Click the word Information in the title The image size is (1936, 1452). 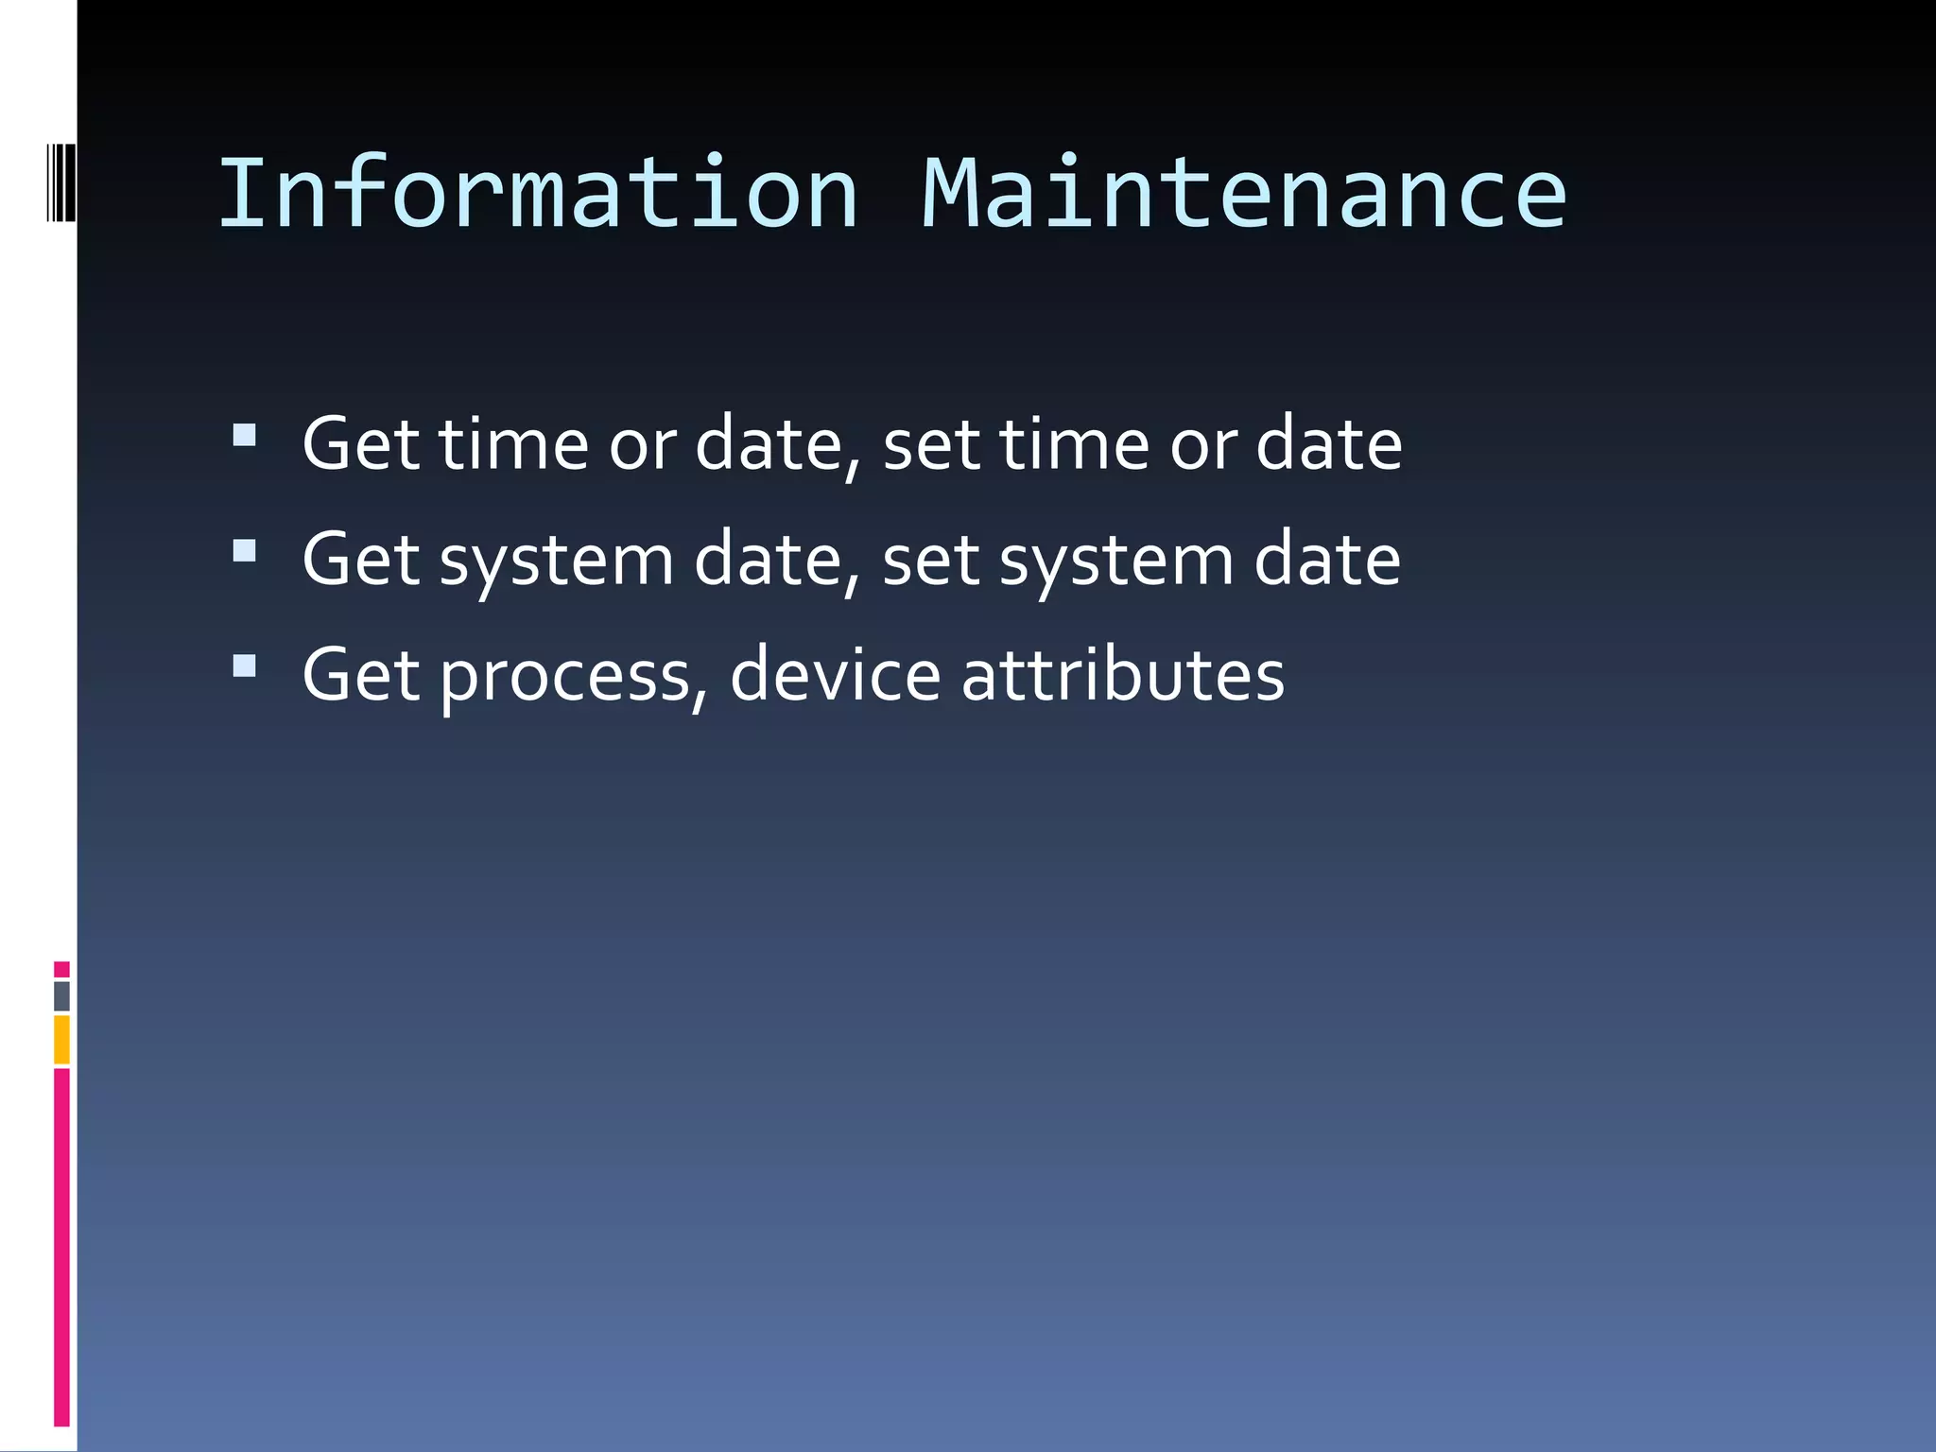538,194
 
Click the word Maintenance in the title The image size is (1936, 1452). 1243,194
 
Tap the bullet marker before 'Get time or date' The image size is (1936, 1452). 244,435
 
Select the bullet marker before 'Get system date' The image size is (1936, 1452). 244,551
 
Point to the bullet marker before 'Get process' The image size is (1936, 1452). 244,666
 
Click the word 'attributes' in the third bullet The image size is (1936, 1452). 1122,675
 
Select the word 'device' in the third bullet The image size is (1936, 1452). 835,675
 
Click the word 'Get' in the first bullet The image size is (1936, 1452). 360,443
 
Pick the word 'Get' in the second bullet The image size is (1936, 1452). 360,560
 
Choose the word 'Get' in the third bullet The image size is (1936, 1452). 360,675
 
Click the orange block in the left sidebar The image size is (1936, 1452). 61,1039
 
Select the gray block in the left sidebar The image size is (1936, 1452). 61,995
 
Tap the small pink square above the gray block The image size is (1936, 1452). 61,969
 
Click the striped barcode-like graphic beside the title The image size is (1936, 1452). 61,181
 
